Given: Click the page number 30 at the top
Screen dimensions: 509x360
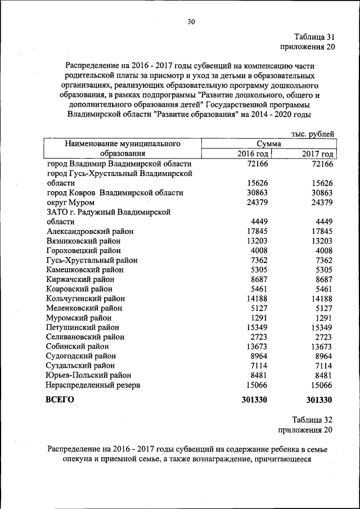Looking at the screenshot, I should click(x=191, y=22).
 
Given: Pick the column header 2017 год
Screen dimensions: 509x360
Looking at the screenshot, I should click(x=318, y=154).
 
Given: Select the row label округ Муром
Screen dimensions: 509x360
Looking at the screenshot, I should click(x=70, y=202).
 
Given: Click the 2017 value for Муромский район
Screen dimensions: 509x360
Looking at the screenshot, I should click(x=323, y=317).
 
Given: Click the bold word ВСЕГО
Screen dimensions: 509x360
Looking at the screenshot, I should click(x=60, y=400).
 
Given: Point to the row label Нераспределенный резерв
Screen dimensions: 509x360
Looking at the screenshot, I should click(x=93, y=385).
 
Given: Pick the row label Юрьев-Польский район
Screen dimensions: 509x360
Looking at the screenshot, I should click(x=89, y=375).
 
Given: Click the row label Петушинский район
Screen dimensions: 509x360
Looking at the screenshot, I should click(x=83, y=327).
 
